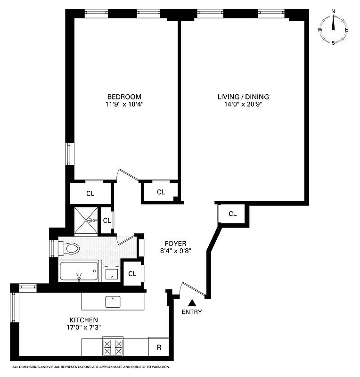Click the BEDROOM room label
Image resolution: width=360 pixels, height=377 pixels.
click(124, 97)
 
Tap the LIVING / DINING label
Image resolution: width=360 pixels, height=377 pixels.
click(243, 97)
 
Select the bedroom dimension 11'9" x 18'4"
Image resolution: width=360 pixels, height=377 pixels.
click(124, 105)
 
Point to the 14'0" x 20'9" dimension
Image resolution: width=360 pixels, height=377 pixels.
click(243, 105)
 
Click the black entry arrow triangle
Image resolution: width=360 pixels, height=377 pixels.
click(191, 303)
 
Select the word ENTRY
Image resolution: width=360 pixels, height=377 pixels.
click(191, 312)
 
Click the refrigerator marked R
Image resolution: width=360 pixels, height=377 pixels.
click(159, 347)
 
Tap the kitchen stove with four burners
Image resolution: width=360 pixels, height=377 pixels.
click(113, 347)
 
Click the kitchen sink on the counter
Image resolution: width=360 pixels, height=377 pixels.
click(113, 300)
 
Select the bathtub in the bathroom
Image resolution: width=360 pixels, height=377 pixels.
click(79, 272)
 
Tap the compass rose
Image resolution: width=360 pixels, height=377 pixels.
click(334, 27)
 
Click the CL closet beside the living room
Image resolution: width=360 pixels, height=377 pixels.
click(232, 213)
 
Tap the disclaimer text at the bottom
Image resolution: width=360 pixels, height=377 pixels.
click(91, 367)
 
